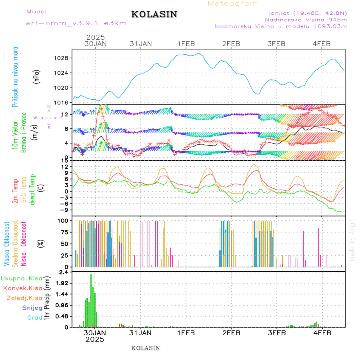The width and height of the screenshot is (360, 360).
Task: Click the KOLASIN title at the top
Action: [x=154, y=14]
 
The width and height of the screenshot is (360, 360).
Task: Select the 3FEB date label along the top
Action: [x=276, y=44]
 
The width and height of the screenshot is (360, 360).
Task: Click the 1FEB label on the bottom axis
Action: [x=186, y=332]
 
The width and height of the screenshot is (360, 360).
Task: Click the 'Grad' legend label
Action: [x=35, y=318]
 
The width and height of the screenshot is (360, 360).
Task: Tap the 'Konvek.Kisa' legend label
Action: [x=22, y=288]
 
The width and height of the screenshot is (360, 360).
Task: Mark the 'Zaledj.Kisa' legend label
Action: [x=24, y=298]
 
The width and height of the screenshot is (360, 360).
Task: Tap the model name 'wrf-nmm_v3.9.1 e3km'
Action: [x=76, y=23]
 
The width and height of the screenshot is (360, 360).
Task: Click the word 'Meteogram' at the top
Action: [x=233, y=4]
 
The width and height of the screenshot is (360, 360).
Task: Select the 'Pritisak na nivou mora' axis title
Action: [x=15, y=77]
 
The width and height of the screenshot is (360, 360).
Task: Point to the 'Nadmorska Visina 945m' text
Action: [x=306, y=19]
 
